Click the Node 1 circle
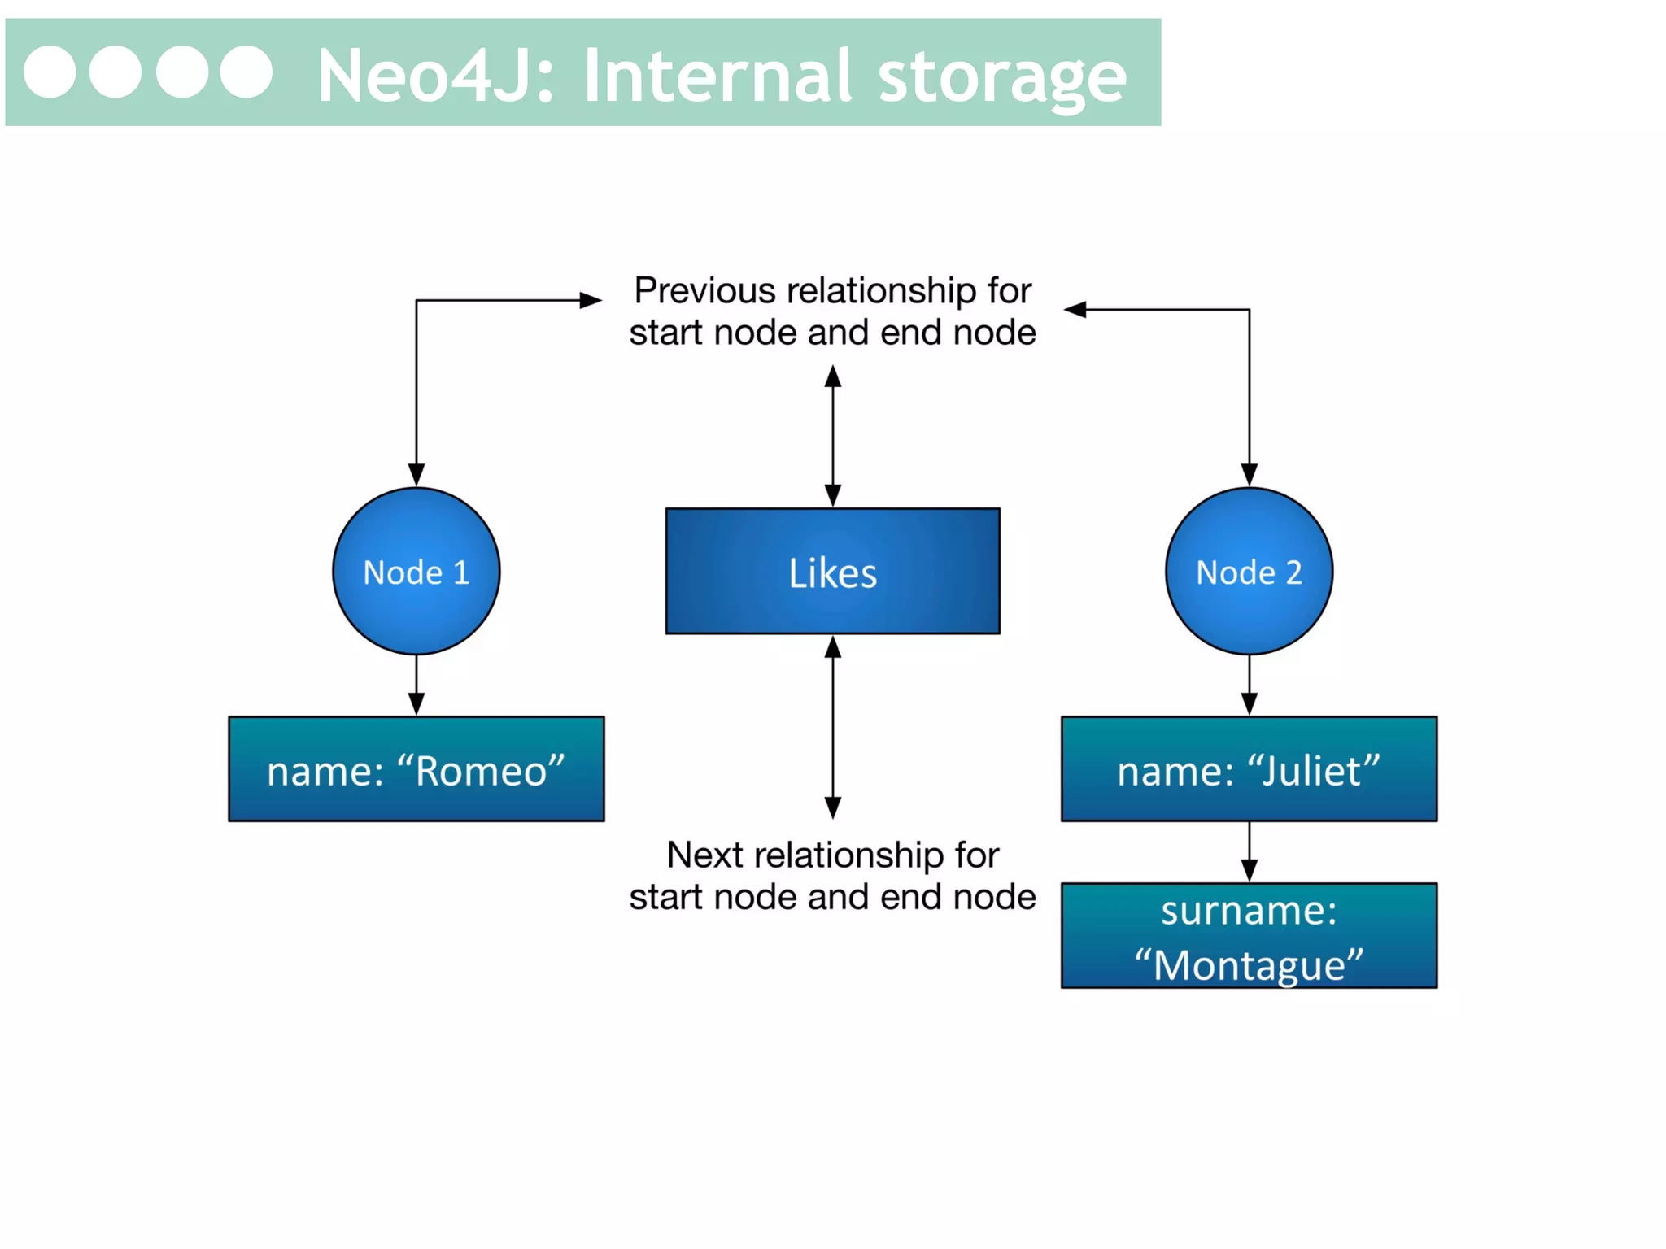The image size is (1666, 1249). click(x=416, y=571)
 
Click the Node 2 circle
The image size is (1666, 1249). click(x=1249, y=571)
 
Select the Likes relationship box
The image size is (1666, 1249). click(x=832, y=571)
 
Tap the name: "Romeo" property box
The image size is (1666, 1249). click(x=416, y=769)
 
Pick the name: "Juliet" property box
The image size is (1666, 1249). click(x=1249, y=769)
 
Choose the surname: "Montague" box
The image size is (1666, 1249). click(x=1249, y=936)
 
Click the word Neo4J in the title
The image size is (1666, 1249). click(x=435, y=76)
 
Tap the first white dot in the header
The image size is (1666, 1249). click(x=50, y=72)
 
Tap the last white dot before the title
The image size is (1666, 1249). click(x=246, y=72)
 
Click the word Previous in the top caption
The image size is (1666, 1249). click(x=704, y=290)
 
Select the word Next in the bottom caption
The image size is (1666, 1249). click(x=704, y=855)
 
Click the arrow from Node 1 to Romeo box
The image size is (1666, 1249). click(x=416, y=685)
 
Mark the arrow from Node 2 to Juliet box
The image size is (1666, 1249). click(x=1249, y=685)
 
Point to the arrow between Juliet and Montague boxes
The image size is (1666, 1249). click(x=1249, y=852)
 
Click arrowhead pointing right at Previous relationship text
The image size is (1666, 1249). click(x=591, y=300)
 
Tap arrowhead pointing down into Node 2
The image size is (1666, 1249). click(x=1249, y=475)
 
